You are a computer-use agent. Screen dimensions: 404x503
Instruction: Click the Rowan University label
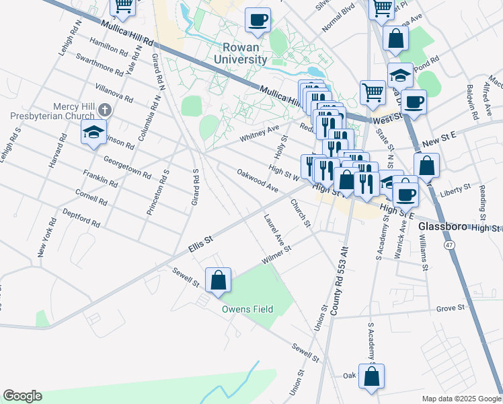pos(241,53)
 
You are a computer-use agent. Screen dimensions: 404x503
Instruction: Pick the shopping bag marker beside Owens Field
pos(219,281)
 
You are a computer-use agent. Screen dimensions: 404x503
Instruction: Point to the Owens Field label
pos(248,309)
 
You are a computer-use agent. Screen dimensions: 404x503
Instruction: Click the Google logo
pos(22,396)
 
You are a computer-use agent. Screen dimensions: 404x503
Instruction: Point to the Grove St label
pos(451,308)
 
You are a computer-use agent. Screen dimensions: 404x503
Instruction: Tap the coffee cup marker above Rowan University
pos(258,20)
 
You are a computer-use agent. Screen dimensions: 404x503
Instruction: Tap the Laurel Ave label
pos(274,230)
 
